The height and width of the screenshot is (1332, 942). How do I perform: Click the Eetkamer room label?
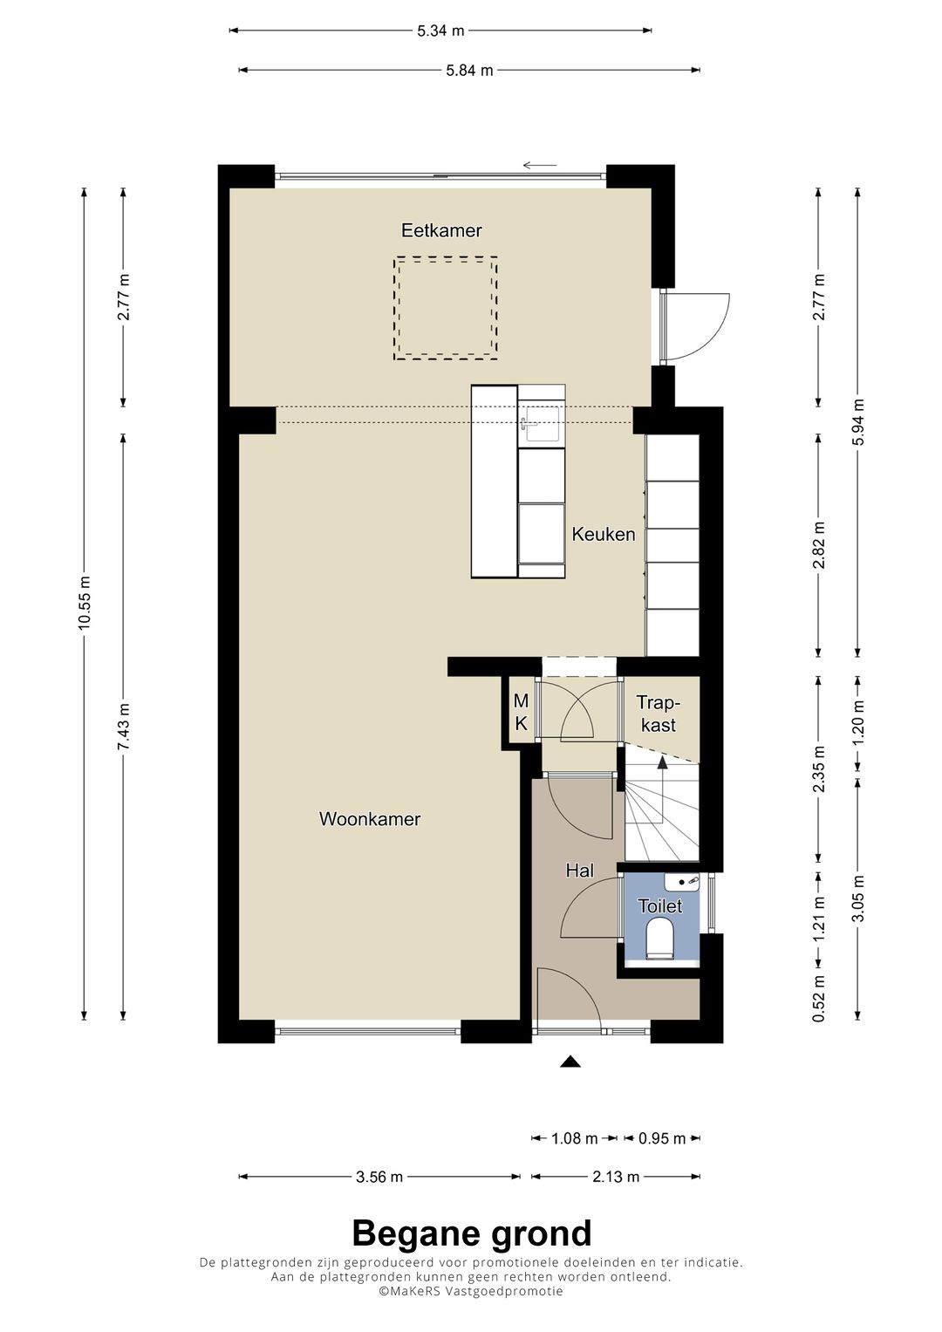click(x=441, y=230)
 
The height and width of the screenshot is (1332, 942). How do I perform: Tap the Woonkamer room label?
click(x=370, y=819)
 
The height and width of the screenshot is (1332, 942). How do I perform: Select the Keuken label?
click(x=603, y=534)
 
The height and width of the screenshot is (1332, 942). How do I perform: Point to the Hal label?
click(x=579, y=870)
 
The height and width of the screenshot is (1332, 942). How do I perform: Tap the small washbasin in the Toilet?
click(x=682, y=881)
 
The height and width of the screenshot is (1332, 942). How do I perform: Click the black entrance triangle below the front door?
click(x=570, y=1062)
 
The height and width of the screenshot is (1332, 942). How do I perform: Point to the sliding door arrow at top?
click(x=540, y=165)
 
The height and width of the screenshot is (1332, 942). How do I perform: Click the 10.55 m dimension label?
click(x=85, y=604)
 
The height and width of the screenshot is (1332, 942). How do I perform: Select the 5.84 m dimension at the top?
click(x=469, y=70)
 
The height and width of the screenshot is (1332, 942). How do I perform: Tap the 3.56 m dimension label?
click(x=379, y=1177)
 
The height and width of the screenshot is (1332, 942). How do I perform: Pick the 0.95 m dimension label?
click(x=662, y=1138)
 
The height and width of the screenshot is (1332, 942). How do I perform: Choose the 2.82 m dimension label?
click(x=818, y=545)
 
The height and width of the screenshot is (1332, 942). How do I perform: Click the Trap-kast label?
click(x=659, y=714)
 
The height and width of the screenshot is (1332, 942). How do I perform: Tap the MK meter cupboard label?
click(x=521, y=712)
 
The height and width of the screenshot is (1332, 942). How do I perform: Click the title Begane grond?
click(x=471, y=1233)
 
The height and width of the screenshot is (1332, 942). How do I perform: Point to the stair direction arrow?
click(x=662, y=763)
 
